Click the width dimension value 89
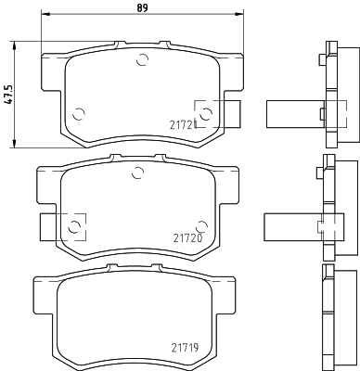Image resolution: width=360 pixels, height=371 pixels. pos(142,7)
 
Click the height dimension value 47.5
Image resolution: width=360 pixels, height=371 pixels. pos(10,95)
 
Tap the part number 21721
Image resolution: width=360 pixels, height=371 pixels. pos(183,125)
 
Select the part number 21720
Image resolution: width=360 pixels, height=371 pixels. pos(187,238)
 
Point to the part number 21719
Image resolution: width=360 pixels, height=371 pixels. pos(185,348)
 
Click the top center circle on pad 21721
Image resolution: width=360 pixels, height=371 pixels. pos(143,59)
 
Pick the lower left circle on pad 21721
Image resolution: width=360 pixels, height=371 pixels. pos(79,114)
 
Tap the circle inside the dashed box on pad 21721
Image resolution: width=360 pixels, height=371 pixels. pos(206,113)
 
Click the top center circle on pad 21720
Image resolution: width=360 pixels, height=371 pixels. pos(137,173)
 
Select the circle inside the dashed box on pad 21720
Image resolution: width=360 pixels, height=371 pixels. pos(74,227)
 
